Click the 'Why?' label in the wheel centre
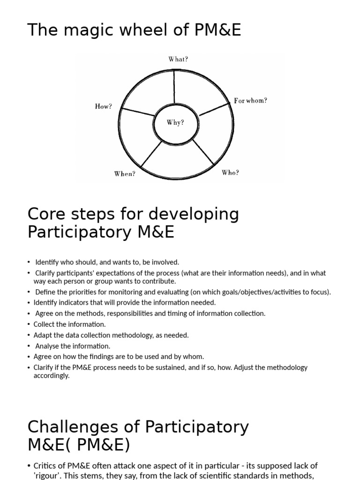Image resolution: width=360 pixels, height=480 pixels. [175, 123]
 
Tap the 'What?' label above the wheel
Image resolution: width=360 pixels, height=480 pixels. [178, 60]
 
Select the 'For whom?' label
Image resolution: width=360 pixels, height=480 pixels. [251, 101]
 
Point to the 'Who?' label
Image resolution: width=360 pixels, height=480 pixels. [230, 173]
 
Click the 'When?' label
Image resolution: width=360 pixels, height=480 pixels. [125, 174]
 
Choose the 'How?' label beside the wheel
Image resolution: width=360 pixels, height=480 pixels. [104, 107]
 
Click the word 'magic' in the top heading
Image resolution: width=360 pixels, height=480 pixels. [89, 30]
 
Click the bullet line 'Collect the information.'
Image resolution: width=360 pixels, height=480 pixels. [70, 324]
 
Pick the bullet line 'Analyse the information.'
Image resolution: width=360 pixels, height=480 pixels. [73, 346]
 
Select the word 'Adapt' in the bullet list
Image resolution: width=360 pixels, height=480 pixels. [43, 335]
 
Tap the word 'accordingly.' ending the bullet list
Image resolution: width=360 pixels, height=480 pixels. [52, 375]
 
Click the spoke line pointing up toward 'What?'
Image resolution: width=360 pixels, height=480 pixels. [174, 86]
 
